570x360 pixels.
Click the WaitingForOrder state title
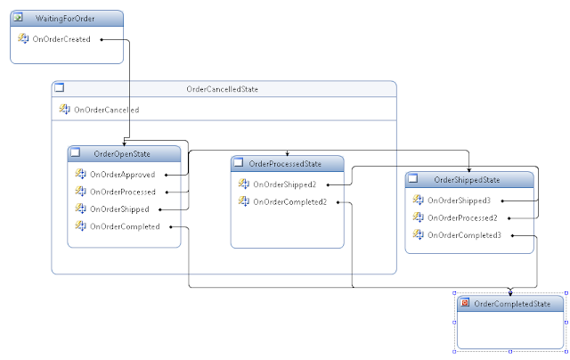coord(67,18)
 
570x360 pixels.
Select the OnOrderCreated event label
coord(61,38)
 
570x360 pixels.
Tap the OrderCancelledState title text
coord(223,89)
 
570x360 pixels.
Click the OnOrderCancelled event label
coord(106,110)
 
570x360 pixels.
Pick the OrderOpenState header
coord(123,154)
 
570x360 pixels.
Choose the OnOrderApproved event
coord(123,174)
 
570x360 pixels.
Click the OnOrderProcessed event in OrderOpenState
coord(123,192)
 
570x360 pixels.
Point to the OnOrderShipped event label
coord(119,209)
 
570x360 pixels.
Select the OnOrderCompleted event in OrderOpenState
coord(125,226)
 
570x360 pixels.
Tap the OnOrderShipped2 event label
coord(286,184)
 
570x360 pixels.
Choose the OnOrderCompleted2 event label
coord(290,201)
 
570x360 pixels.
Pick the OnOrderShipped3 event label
coord(460,200)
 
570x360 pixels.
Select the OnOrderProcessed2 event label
coord(462,217)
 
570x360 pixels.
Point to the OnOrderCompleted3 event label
coord(464,235)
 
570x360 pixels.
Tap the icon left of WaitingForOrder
coord(19,18)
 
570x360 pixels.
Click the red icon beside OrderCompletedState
coord(465,304)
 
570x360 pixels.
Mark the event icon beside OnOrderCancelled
coord(64,110)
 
